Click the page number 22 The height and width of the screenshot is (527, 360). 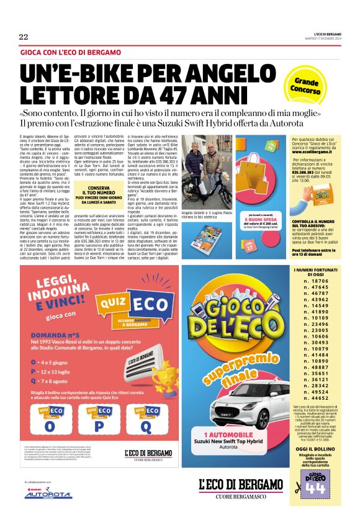point(24,37)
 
